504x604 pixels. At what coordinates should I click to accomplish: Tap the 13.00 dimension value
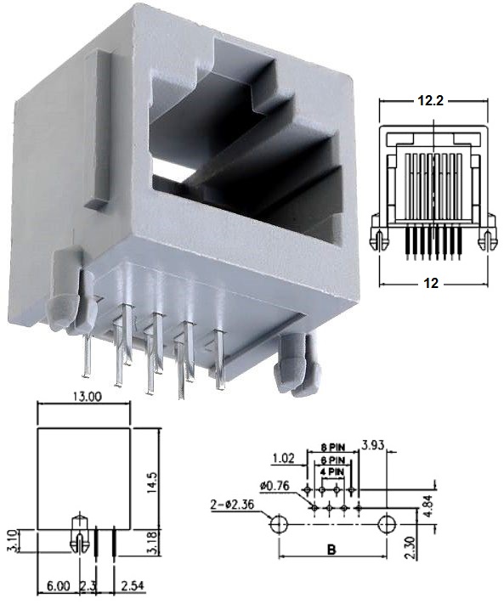click(85, 396)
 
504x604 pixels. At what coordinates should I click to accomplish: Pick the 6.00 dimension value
click(59, 587)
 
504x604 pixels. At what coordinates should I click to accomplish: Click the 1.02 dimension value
click(284, 459)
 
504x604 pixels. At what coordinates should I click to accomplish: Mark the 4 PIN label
click(332, 471)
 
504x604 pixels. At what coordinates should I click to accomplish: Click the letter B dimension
click(331, 550)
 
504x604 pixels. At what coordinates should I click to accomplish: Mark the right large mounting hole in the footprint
click(388, 523)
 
